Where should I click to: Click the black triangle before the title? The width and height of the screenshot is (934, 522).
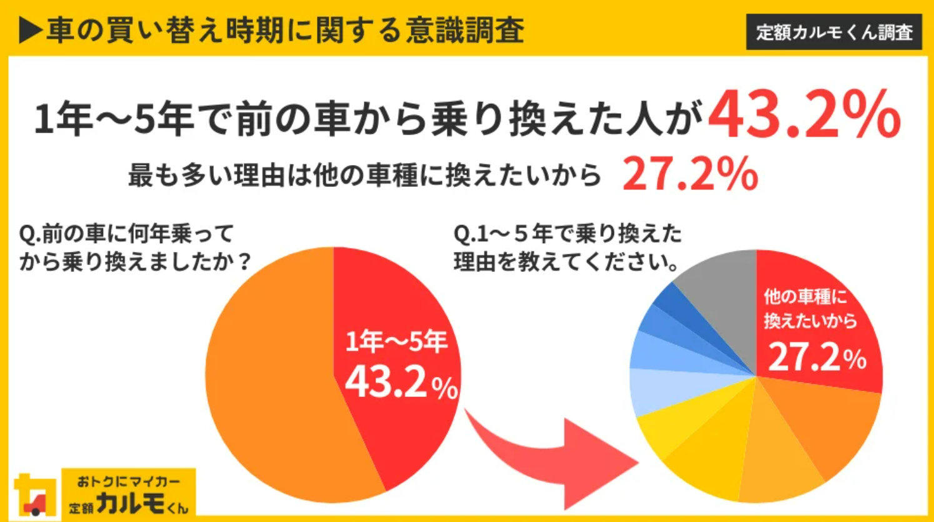coord(30,31)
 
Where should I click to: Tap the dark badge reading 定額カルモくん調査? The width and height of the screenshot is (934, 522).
coord(834,32)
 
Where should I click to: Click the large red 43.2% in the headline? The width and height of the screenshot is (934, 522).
coord(803,114)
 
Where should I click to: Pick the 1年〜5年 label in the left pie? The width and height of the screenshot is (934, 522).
coord(396,341)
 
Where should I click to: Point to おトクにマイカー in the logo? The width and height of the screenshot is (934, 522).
coord(128,481)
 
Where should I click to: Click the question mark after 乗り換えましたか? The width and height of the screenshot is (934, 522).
coord(244,261)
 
